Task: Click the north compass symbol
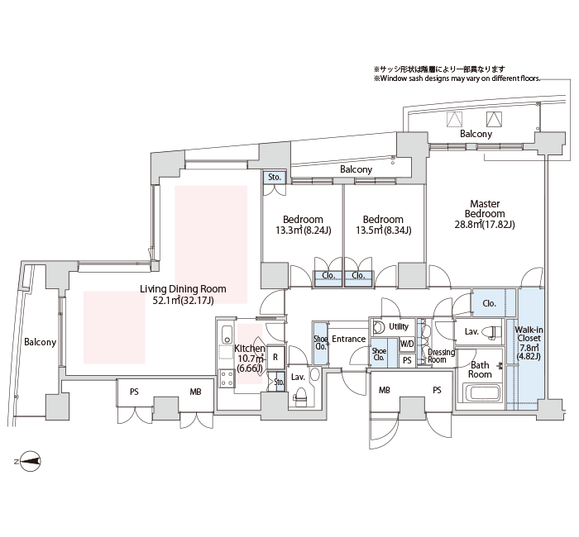(30, 461)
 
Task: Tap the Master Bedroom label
(485, 209)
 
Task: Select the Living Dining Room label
(183, 289)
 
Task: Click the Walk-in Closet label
(529, 334)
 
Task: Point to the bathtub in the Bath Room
(482, 393)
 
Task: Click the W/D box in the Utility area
(407, 345)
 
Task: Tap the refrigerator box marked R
(275, 357)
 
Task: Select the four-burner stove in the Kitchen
(227, 378)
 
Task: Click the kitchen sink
(227, 334)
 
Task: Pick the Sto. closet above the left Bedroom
(274, 177)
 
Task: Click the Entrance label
(348, 339)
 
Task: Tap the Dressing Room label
(441, 355)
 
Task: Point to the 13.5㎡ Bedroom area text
(383, 230)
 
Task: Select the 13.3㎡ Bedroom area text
(304, 230)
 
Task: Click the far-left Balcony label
(40, 342)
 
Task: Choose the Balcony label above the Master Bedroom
(476, 134)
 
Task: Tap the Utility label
(399, 326)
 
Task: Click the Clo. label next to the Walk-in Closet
(489, 303)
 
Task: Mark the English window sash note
(457, 78)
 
